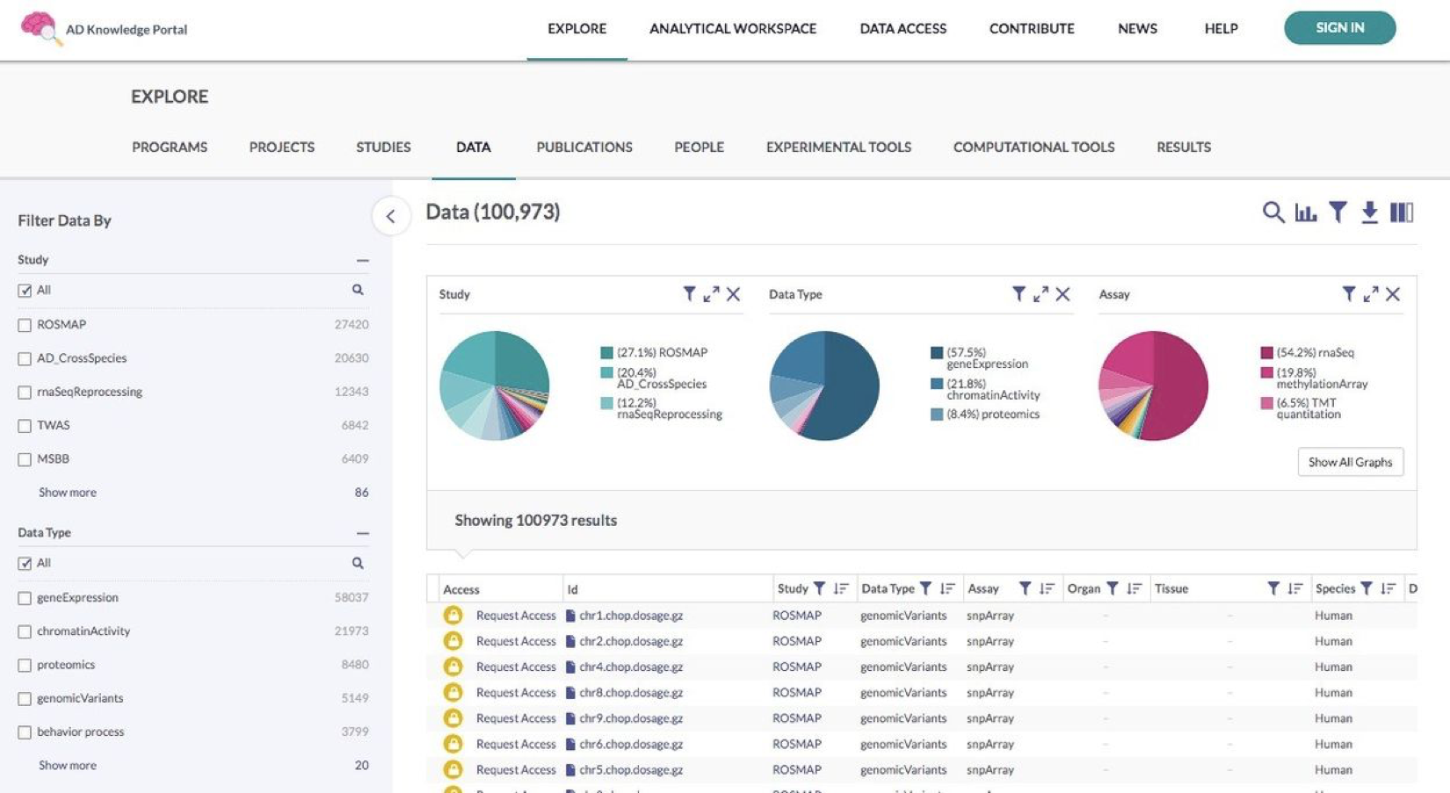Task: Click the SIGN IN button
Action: tap(1339, 28)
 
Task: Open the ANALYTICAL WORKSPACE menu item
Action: tap(732, 29)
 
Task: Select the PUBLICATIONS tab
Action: tap(584, 147)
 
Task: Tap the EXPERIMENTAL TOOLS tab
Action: tap(838, 147)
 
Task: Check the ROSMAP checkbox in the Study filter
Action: tap(25, 325)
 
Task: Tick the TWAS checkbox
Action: tap(25, 426)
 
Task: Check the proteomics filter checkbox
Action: tap(25, 666)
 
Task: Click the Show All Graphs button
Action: tap(1350, 462)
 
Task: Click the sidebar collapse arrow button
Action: tap(391, 216)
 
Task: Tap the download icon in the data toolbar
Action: tap(1369, 213)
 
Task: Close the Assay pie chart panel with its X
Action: tap(1393, 294)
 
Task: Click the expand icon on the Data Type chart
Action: tap(1040, 294)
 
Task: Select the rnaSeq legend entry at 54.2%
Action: tap(1315, 352)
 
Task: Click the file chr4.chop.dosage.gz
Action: tap(630, 667)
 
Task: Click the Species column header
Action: tap(1335, 588)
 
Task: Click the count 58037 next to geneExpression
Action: tap(351, 597)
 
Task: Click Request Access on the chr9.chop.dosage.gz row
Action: tap(516, 718)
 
